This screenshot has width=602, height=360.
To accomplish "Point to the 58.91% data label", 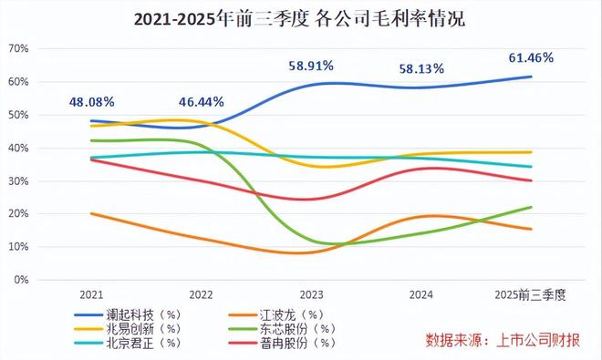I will tap(311, 66).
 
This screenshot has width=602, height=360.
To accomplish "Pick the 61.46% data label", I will tap(531, 57).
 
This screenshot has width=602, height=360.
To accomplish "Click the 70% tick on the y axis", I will tap(21, 48).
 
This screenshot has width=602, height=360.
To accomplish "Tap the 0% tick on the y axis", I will tap(24, 280).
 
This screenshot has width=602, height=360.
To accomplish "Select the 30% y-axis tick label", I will tap(21, 180).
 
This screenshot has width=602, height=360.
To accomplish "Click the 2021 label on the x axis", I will tap(90, 294).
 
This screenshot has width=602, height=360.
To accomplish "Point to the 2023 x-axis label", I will tap(311, 294).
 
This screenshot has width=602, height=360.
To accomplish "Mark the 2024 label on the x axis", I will tap(420, 294).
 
